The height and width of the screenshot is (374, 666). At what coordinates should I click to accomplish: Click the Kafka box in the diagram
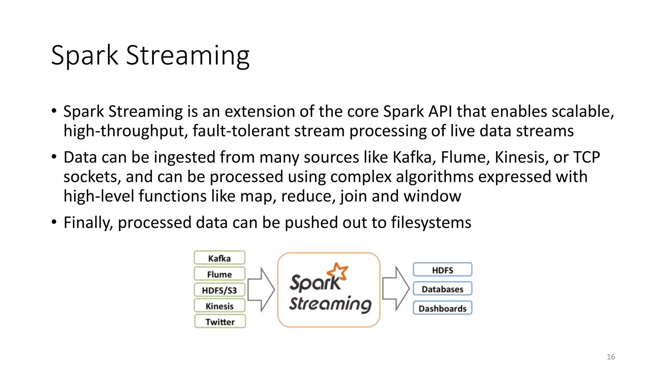tap(220, 258)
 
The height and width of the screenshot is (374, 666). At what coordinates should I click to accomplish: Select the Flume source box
tap(220, 274)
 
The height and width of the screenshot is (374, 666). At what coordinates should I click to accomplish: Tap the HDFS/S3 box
tap(220, 290)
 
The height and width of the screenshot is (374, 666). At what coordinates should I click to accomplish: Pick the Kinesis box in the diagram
tap(220, 306)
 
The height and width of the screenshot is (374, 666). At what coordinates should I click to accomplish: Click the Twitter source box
tap(220, 322)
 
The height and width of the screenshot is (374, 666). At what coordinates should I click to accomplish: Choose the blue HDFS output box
tap(442, 270)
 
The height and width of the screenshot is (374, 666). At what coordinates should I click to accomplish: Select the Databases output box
tap(442, 289)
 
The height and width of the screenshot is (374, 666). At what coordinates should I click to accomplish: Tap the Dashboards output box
tap(442, 308)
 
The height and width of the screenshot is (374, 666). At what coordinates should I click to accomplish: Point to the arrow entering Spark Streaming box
tap(261, 290)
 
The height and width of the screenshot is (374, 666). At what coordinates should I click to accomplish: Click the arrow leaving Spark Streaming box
tap(395, 289)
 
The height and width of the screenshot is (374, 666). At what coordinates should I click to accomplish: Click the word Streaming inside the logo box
tap(330, 304)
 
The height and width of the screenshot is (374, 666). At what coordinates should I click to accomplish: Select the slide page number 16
tap(611, 357)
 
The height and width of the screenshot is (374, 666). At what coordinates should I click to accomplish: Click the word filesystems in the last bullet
tap(431, 223)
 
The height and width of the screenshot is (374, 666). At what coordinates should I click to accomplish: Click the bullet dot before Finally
tap(54, 222)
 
